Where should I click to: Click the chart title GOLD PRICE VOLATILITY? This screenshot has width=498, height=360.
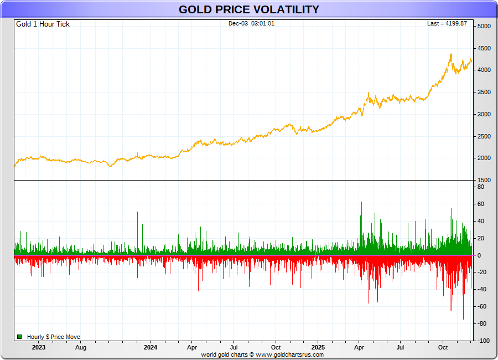(x=248, y=9)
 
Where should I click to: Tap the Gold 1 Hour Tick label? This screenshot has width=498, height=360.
(x=43, y=24)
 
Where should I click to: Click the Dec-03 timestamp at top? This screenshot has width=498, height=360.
(x=251, y=23)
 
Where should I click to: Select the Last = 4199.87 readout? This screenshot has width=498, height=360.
(x=447, y=23)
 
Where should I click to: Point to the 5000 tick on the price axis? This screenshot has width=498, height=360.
(x=484, y=27)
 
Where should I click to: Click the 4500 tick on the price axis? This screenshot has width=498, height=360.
(x=484, y=48)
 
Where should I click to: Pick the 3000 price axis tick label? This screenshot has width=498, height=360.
(x=484, y=115)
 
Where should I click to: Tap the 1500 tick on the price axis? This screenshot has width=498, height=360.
(x=484, y=181)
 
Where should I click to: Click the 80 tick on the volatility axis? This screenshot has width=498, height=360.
(x=481, y=187)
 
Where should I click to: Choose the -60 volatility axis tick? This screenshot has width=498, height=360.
(x=481, y=306)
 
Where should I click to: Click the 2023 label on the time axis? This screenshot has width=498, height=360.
(x=39, y=348)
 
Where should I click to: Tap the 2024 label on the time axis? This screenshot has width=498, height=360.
(x=150, y=348)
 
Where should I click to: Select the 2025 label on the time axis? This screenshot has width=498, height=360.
(x=318, y=348)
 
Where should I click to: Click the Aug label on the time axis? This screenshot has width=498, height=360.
(x=81, y=348)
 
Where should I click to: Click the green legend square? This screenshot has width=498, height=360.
(x=19, y=337)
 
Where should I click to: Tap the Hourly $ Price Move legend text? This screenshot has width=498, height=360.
(x=54, y=337)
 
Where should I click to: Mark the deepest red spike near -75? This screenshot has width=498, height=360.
(x=464, y=318)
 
